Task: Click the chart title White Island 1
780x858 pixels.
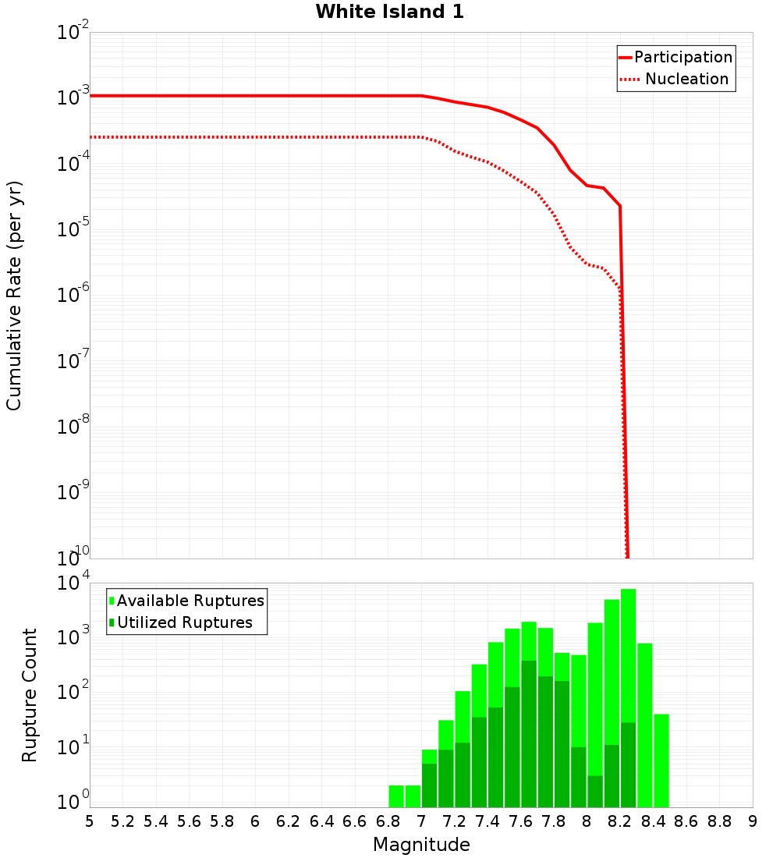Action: (x=389, y=12)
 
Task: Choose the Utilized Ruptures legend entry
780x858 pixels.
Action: (x=184, y=622)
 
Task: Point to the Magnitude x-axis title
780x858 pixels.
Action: (x=421, y=845)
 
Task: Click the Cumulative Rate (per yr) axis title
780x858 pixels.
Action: (x=15, y=296)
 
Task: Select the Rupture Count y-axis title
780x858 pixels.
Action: (x=30, y=695)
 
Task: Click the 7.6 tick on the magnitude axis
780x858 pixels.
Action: (x=520, y=821)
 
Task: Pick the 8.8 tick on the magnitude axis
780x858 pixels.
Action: (x=719, y=821)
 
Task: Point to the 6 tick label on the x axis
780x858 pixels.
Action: (x=255, y=821)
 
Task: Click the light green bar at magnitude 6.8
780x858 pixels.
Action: (x=396, y=796)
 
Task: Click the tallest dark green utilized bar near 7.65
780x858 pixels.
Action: (x=529, y=733)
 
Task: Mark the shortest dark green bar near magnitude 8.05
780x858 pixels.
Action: (x=594, y=791)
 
